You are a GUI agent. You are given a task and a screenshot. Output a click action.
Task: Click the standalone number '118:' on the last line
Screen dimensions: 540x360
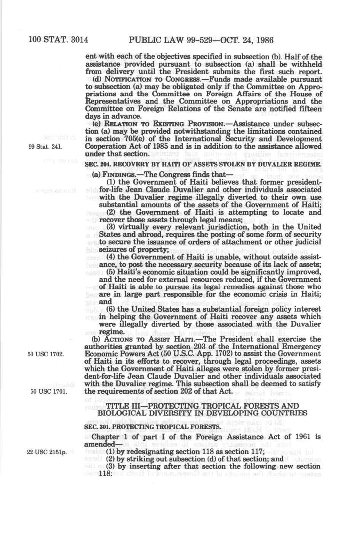click(x=106, y=473)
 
